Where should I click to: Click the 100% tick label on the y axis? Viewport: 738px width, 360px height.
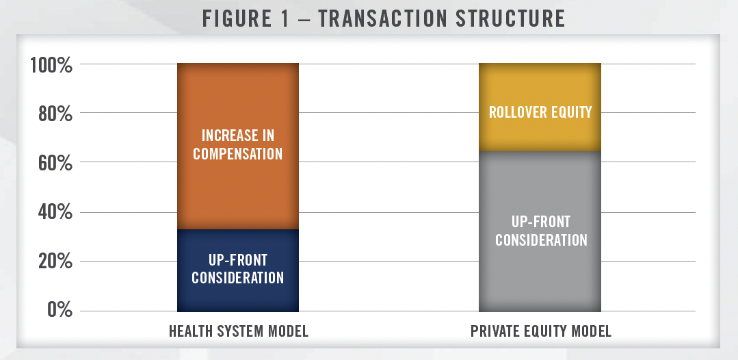(51, 65)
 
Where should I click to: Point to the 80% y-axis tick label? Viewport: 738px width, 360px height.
(55, 114)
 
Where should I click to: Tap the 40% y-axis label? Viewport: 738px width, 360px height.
(55, 213)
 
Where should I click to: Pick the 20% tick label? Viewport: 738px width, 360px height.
(55, 262)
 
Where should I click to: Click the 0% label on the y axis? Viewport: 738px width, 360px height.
(60, 310)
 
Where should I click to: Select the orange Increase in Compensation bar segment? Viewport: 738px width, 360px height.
(238, 146)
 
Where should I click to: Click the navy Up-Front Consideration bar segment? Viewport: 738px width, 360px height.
(238, 270)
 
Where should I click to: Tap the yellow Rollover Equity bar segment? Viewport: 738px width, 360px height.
(540, 107)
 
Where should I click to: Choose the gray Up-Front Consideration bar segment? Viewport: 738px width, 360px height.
(540, 231)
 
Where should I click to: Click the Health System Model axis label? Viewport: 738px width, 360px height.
(239, 331)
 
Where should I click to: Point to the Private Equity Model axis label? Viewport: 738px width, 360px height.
(541, 331)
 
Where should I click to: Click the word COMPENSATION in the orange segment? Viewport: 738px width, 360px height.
(238, 153)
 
